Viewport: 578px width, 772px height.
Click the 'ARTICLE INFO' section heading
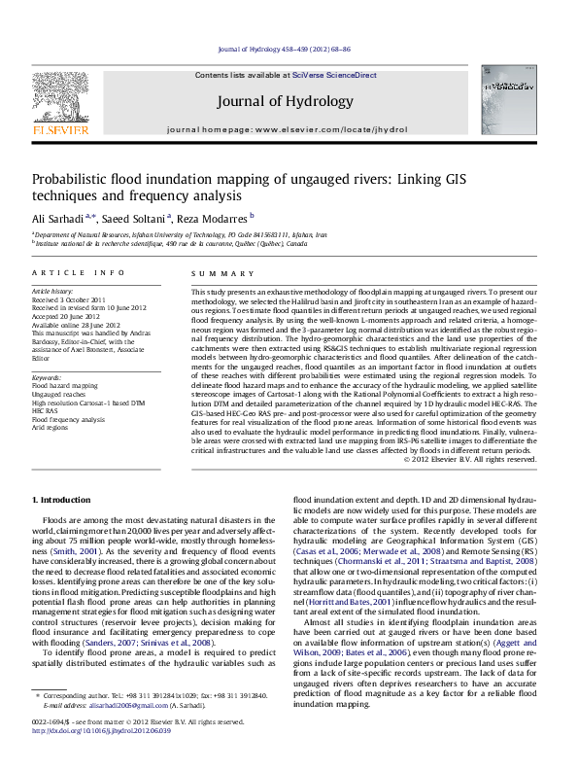79,273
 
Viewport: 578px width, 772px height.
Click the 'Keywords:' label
48,377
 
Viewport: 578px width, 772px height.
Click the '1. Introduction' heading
64,499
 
